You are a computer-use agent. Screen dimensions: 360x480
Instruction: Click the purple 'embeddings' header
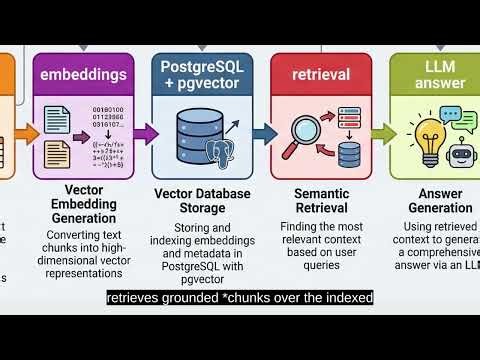(82, 73)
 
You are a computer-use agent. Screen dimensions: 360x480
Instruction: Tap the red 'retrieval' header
(322, 73)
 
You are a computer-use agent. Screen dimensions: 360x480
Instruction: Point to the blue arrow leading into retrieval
(262, 132)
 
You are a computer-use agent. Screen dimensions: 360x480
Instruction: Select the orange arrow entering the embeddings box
(28, 132)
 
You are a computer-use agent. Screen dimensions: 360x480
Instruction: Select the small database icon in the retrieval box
(349, 153)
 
